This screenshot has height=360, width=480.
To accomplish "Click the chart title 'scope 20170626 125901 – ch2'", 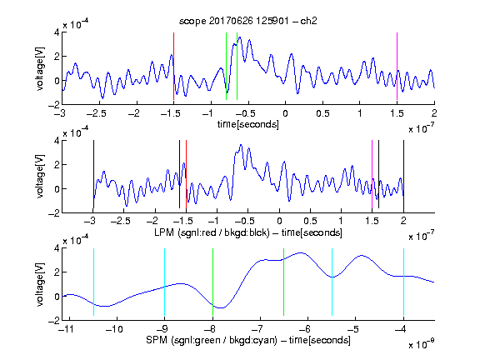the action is tap(248, 21).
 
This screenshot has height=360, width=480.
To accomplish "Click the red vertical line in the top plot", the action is tap(173, 66).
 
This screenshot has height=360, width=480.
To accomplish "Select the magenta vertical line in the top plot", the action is tap(397, 66).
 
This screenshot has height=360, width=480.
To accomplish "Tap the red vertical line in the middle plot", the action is tap(186, 174).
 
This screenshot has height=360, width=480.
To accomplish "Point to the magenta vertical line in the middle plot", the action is tap(372, 174).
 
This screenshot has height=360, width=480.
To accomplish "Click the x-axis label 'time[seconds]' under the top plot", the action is tap(248, 124).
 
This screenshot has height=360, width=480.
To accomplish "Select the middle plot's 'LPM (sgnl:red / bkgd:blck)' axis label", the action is tap(212, 232).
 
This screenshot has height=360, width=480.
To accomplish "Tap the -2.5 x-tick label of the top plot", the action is tap(96, 113).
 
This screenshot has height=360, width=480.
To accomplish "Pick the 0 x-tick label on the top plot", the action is tap(285, 113).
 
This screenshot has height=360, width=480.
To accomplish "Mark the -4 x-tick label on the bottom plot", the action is tap(400, 329).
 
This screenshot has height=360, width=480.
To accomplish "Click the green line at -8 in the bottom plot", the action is tap(212, 282).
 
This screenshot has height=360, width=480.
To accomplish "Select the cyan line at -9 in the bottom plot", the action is tap(165, 282).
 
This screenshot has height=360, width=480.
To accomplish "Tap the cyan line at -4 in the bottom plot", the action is tap(403, 282).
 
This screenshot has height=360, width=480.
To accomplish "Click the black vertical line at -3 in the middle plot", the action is tap(93, 174).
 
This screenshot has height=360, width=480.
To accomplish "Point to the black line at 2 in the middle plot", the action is tap(403, 174).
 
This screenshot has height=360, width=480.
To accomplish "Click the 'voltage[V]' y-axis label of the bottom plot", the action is tap(40, 284).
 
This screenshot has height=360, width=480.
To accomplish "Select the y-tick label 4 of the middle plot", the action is tap(57, 141).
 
